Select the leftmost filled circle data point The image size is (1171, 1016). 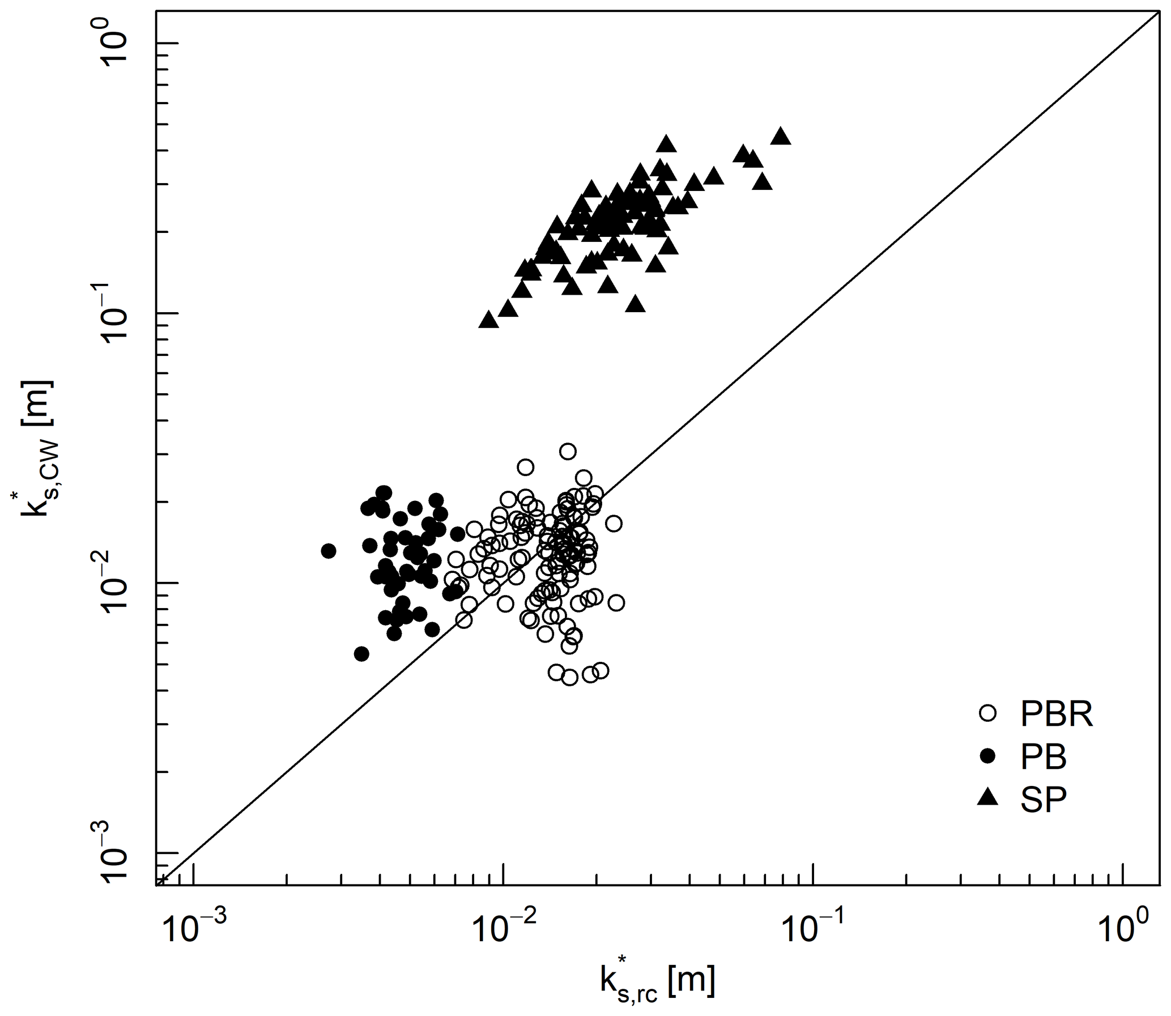point(329,551)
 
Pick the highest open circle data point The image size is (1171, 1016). point(568,451)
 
